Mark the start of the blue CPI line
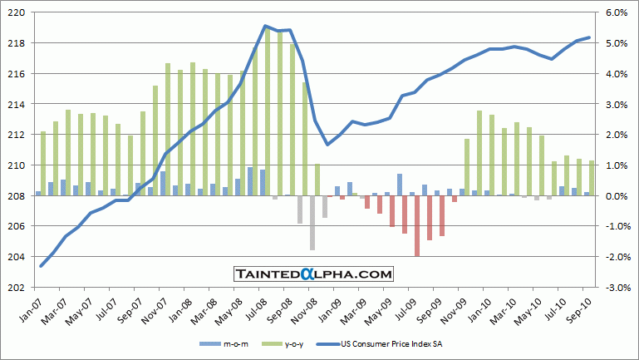(x=42, y=266)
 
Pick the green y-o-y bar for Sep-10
(x=591, y=178)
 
